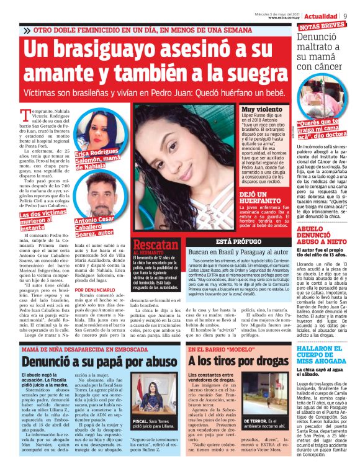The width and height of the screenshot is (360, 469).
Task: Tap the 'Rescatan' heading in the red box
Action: point(153,244)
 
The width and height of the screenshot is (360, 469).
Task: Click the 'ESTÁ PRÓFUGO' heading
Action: point(235,241)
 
